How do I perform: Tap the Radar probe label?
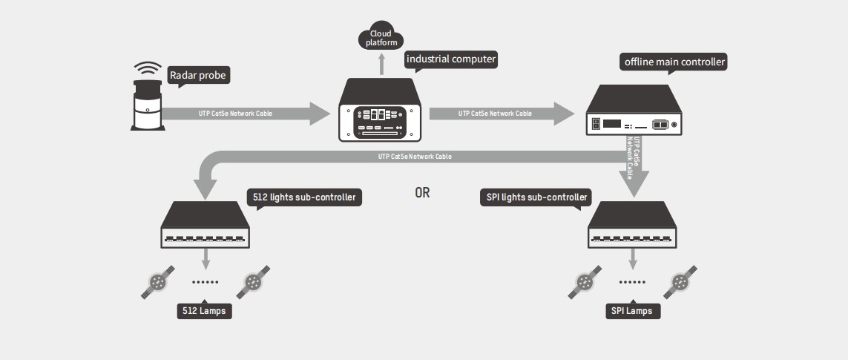click(x=198, y=75)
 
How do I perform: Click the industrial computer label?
click(x=450, y=59)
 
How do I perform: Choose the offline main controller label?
click(x=673, y=62)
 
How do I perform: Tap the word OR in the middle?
click(x=422, y=193)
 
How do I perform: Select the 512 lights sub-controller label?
click(x=304, y=197)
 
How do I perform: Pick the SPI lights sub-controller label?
click(x=535, y=197)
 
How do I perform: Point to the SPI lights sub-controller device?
click(x=633, y=226)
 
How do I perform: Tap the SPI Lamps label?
click(x=632, y=310)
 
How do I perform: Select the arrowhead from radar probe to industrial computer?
click(x=319, y=114)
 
